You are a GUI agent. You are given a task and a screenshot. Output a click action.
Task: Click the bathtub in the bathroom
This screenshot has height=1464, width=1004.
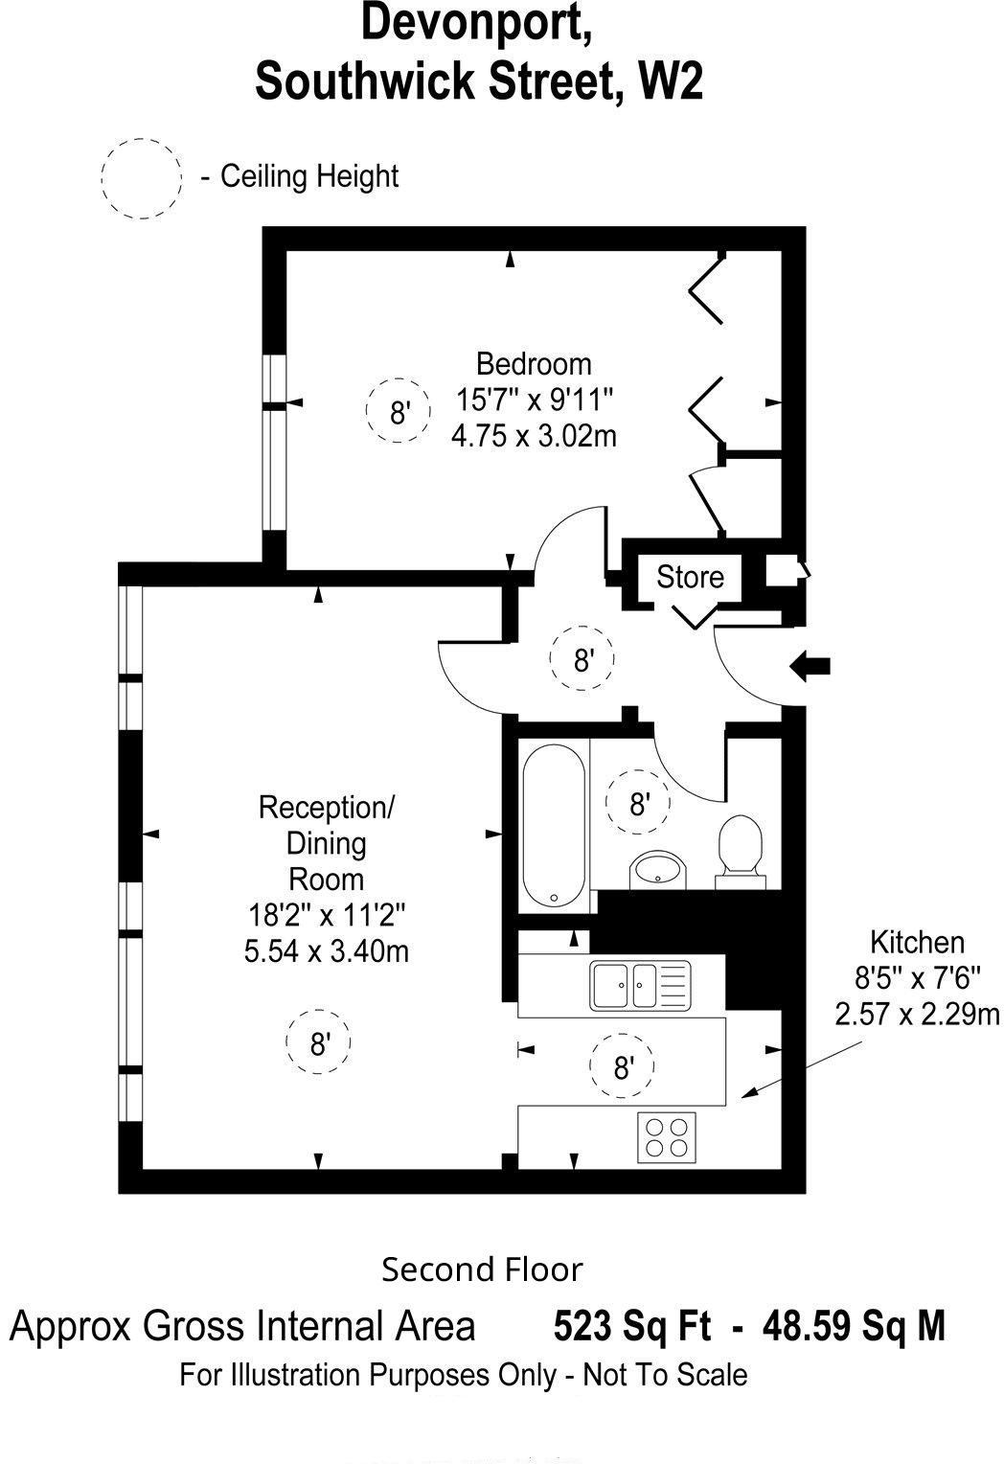coord(553,826)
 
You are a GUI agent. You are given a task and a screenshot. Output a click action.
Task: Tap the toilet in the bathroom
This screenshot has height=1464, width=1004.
coord(741,852)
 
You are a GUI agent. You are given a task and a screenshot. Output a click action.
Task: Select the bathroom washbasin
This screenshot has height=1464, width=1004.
coord(658,870)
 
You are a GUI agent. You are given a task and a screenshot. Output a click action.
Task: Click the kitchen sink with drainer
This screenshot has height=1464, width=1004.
coord(640,985)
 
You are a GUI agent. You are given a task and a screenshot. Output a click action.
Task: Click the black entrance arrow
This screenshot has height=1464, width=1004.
coord(810,667)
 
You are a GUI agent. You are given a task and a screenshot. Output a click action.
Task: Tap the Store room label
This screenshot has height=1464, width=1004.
coord(690,577)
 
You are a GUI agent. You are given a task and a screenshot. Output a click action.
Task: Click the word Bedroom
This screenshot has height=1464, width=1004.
coord(534,364)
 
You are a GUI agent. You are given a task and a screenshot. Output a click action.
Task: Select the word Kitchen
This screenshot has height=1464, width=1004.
coord(917,943)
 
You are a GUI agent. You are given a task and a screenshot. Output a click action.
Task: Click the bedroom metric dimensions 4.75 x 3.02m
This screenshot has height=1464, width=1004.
coord(534,435)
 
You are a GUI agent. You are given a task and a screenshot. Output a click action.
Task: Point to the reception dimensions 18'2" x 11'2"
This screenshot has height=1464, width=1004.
coord(326,915)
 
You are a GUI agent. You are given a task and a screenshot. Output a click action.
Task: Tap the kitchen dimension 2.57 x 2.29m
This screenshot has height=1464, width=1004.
coord(917,1014)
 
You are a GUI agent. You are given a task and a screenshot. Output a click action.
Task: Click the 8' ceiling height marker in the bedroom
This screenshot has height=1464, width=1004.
coord(399,410)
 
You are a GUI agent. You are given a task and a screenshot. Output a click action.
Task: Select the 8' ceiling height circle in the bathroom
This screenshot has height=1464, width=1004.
coord(638,802)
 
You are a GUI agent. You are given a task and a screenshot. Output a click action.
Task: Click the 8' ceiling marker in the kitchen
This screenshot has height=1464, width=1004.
coord(623,1066)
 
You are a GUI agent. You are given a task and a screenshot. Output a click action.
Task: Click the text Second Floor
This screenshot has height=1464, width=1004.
coord(482,1270)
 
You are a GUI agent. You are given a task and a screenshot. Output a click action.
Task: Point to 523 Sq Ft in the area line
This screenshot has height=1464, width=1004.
coord(632,1326)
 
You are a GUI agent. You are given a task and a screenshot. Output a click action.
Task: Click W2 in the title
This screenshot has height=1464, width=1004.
coord(672,81)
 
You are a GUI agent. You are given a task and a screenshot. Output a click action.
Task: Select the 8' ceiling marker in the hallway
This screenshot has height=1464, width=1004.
coord(582,659)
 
